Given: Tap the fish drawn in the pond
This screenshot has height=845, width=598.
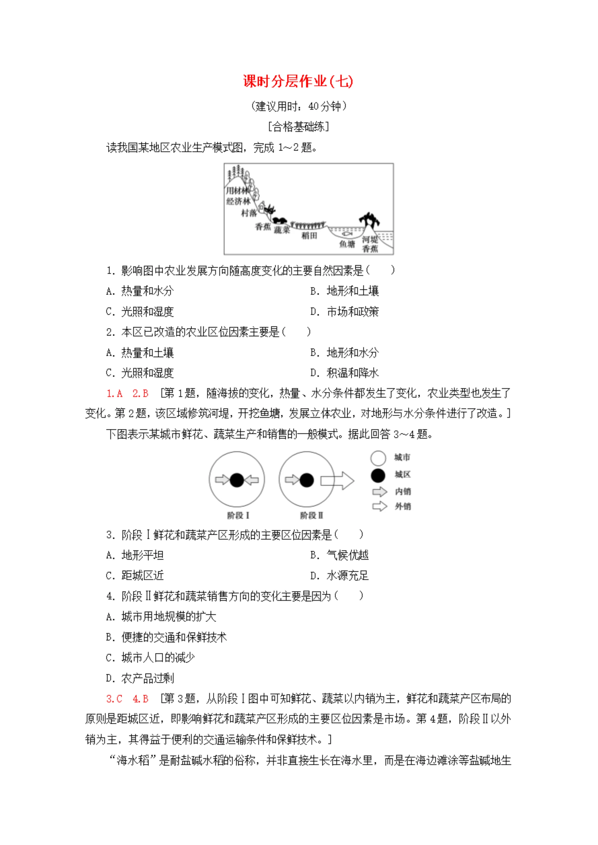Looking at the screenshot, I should coord(347,233).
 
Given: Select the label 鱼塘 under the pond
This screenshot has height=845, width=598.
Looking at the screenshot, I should coord(347,244).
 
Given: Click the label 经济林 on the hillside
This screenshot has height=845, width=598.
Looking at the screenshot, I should coord(238,201).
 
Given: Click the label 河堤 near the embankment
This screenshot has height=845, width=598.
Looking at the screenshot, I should coord(369,239).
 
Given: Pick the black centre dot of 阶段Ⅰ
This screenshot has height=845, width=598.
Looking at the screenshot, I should coord(237,480).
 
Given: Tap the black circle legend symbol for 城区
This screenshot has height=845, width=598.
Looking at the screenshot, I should coord(378,475).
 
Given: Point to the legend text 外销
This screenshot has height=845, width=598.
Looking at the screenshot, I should coord(403,507).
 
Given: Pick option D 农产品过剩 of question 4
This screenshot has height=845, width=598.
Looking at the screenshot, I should coord(140,678).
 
